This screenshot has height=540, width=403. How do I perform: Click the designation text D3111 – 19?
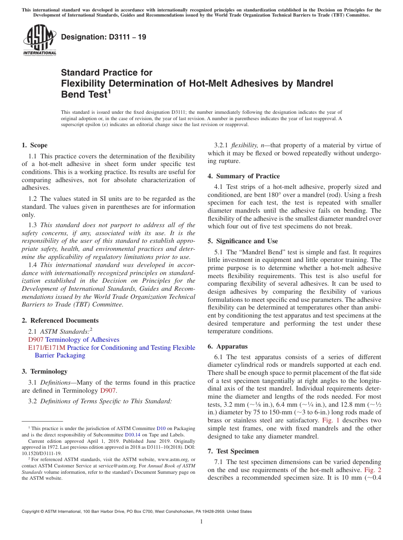pyautogui.click(x=104, y=37)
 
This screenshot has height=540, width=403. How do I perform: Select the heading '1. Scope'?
pyautogui.click(x=35, y=145)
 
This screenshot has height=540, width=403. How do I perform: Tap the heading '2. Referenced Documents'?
pyautogui.click(x=60, y=321)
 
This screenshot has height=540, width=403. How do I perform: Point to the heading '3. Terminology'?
pyautogui.click(x=45, y=371)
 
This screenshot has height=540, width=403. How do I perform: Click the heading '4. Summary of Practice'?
pyautogui.click(x=243, y=176)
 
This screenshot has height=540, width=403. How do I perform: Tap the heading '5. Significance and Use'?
pyautogui.click(x=243, y=241)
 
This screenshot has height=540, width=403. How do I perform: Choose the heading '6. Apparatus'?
pyautogui.click(x=227, y=346)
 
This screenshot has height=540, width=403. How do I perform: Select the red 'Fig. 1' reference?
pyautogui.click(x=330, y=420)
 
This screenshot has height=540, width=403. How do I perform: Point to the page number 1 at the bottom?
pyautogui.click(x=201, y=522)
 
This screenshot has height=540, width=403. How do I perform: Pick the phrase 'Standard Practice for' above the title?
pyautogui.click(x=106, y=73)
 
